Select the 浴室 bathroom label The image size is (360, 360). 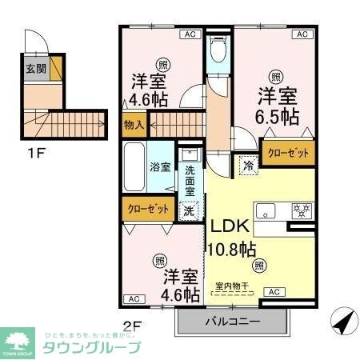pyautogui.click(x=160, y=167)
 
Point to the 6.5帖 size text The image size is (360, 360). pyautogui.click(x=278, y=118)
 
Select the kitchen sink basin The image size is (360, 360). pyautogui.click(x=266, y=210)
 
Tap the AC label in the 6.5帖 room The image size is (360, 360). pyautogui.click(x=302, y=34)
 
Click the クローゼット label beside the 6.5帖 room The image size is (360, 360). pyautogui.click(x=288, y=152)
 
